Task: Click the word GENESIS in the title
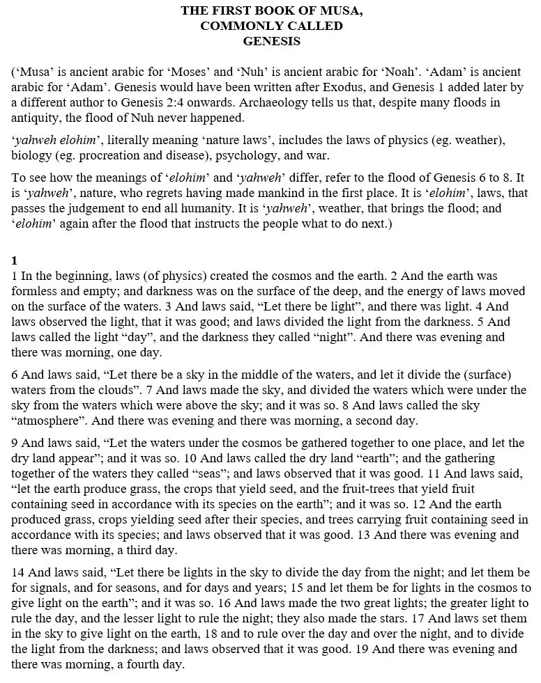pos(271,41)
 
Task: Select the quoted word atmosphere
pos(49,421)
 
